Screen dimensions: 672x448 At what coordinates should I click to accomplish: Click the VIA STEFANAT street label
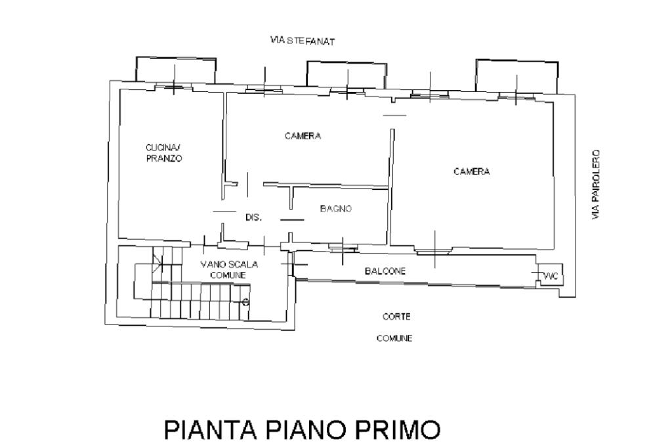(x=302, y=41)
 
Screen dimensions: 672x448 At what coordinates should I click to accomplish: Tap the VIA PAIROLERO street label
(x=596, y=185)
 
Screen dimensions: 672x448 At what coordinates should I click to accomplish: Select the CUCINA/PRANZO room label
(x=164, y=153)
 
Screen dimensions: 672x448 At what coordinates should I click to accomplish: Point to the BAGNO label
(x=336, y=208)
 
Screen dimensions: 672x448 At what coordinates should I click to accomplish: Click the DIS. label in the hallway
(x=253, y=217)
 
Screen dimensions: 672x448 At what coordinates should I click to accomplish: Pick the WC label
(x=551, y=277)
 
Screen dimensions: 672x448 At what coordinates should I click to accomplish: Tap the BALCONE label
(x=385, y=271)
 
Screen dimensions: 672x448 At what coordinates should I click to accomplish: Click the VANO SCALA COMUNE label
(x=229, y=269)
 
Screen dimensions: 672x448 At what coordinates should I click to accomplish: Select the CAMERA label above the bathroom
(x=303, y=136)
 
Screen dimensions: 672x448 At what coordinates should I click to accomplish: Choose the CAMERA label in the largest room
(x=471, y=171)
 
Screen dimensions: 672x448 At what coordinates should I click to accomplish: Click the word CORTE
(x=396, y=317)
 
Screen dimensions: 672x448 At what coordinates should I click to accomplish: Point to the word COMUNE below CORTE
(x=394, y=338)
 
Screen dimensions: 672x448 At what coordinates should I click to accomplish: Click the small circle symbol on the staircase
(x=245, y=302)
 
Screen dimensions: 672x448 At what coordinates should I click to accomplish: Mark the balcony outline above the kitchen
(x=136, y=69)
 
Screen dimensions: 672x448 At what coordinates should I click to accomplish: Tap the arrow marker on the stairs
(x=157, y=261)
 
